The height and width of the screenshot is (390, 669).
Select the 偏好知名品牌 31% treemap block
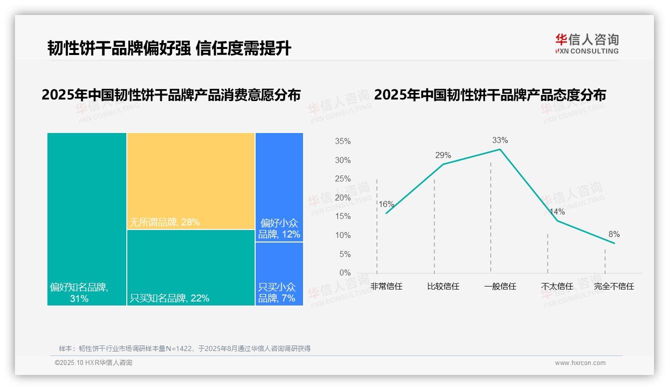coord(87,219)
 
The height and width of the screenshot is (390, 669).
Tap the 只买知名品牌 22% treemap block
coord(191,267)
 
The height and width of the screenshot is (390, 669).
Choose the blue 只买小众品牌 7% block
coord(279,274)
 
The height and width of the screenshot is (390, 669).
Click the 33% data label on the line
coord(500,140)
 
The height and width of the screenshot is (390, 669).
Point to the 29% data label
coord(443,155)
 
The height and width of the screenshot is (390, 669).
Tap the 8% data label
coord(614,234)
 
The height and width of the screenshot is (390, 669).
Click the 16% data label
coord(386,204)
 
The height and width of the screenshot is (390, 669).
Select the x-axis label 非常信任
coord(386,286)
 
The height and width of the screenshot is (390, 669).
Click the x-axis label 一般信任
coord(500,286)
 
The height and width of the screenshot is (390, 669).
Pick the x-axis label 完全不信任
coord(614,286)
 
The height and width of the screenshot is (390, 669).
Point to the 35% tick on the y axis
coord(342,141)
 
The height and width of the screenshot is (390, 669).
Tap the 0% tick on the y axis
coord(344,273)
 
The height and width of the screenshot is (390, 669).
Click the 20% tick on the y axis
coord(342,197)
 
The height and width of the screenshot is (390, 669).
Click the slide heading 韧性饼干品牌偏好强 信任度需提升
coord(169,48)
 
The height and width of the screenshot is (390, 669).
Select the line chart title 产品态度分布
coord(490,94)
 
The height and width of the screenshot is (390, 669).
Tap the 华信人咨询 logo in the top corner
coord(587,43)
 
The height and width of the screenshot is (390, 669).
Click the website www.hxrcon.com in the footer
coord(580,363)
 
